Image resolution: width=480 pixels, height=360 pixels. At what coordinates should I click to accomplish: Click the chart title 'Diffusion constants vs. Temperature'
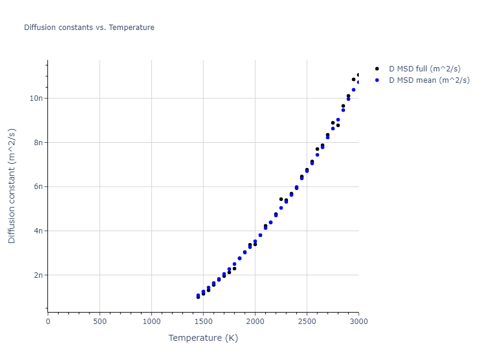[x=89, y=28]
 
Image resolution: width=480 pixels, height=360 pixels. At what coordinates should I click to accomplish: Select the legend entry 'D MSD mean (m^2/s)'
[x=429, y=80]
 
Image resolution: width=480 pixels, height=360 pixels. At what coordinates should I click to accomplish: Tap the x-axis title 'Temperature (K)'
[x=203, y=338]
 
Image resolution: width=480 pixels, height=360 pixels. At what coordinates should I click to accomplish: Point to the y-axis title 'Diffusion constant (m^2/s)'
[x=12, y=186]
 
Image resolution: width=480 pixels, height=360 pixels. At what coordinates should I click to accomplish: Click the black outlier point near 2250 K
[x=281, y=199]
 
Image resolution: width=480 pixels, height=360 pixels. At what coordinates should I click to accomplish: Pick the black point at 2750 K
[x=332, y=123]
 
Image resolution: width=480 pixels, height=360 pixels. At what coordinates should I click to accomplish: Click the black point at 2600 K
[x=317, y=149]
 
